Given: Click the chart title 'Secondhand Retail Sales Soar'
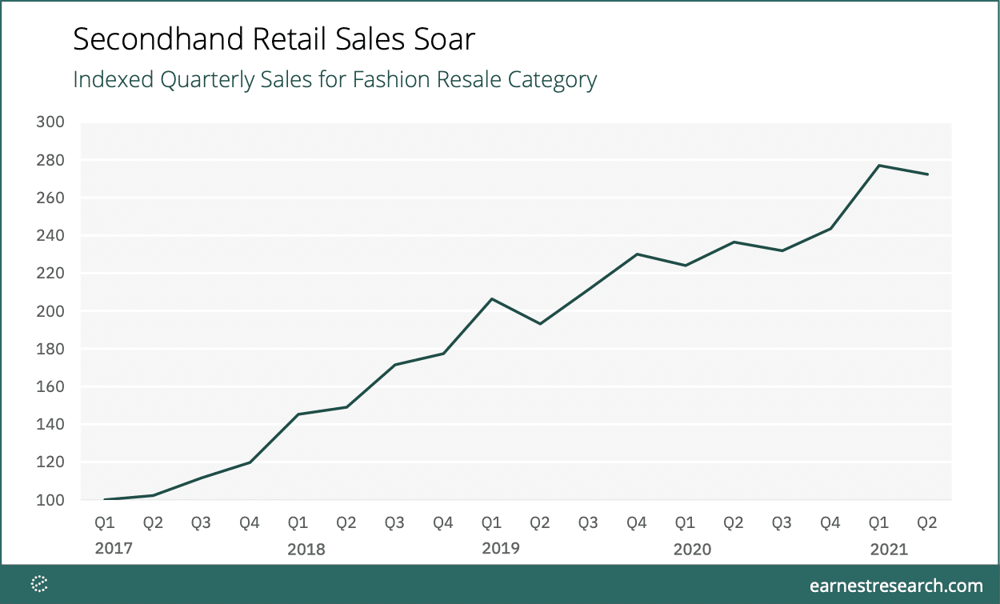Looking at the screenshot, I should (x=274, y=39).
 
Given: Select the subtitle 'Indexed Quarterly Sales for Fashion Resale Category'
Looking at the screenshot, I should (x=334, y=80).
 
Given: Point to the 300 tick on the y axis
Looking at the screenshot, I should (x=50, y=122).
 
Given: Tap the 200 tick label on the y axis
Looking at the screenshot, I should (x=50, y=311).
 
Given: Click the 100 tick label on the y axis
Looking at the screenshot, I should (x=50, y=500).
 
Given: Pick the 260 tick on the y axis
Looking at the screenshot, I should (x=50, y=198).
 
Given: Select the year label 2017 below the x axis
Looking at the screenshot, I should (x=113, y=549).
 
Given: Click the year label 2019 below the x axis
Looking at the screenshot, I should (x=500, y=549).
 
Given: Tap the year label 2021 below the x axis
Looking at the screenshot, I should (x=889, y=550).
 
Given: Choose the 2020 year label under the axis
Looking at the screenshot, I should (x=692, y=550).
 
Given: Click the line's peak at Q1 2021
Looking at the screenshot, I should (x=878, y=166).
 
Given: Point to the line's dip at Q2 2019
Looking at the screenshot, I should (x=540, y=324).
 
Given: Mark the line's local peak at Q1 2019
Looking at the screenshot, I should (x=491, y=299).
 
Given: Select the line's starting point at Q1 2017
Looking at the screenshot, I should (x=105, y=499).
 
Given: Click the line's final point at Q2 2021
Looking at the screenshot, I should (x=927, y=174).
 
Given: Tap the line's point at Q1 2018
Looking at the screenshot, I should (x=298, y=414).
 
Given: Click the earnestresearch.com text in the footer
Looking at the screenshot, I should (x=895, y=586).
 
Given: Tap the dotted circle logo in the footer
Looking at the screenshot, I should (x=39, y=585).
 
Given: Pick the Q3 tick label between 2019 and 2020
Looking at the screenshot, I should (x=588, y=523).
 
